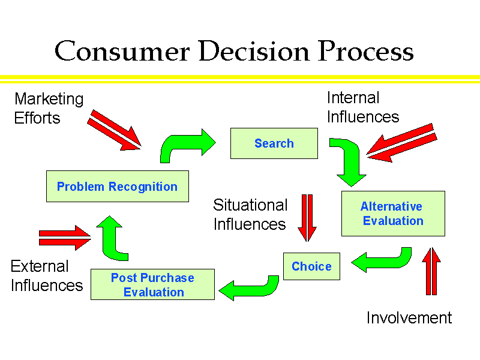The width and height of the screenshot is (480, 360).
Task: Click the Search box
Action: pyautogui.click(x=274, y=143)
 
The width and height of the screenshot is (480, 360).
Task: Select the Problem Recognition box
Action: pyautogui.click(x=117, y=187)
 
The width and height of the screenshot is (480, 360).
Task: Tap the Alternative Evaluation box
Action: pyautogui.click(x=393, y=214)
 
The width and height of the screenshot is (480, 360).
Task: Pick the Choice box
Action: pyautogui.click(x=311, y=266)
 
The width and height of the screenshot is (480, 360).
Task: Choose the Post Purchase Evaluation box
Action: pyautogui.click(x=152, y=285)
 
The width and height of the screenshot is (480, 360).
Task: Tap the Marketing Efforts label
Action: pyautogui.click(x=49, y=108)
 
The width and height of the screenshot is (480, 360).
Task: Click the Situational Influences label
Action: pyautogui.click(x=250, y=214)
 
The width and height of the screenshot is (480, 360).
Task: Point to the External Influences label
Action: pyautogui.click(x=46, y=275)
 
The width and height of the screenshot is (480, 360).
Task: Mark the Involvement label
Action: pyautogui.click(x=409, y=317)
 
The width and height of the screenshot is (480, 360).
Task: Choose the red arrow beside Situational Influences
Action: pyautogui.click(x=307, y=217)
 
